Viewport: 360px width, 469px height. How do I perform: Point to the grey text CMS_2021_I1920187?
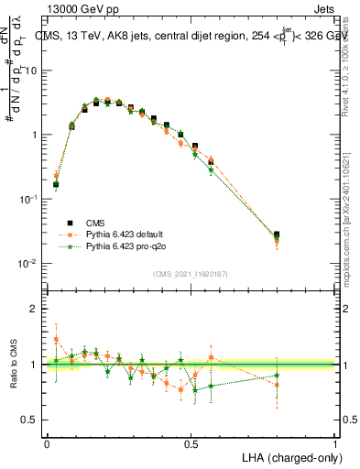point(191,273)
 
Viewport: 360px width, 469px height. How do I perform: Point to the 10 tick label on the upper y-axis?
point(31,71)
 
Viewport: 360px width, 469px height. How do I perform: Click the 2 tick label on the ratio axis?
point(36,309)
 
